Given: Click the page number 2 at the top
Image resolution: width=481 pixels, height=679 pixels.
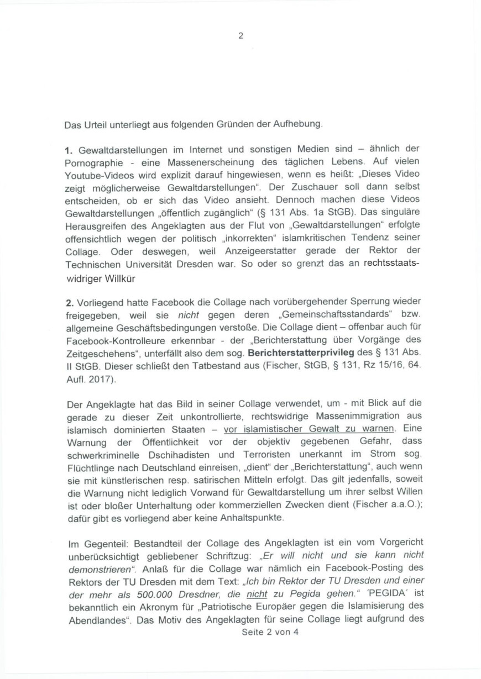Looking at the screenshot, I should [240, 36].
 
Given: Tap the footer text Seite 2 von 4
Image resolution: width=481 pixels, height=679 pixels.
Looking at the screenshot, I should [270, 633].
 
